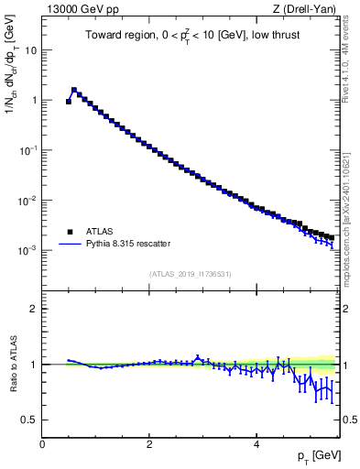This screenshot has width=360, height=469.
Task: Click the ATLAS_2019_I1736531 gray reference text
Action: [x=191, y=274]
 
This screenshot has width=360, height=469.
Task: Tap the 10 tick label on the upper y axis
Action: [x=31, y=50]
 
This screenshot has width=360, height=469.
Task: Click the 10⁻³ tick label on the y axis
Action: [x=28, y=249]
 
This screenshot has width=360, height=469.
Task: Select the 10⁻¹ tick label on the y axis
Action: [x=28, y=149]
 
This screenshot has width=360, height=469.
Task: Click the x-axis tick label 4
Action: [x=256, y=444]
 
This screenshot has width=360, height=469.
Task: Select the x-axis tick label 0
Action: [x=42, y=444]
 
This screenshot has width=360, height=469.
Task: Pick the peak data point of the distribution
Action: [x=74, y=91]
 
